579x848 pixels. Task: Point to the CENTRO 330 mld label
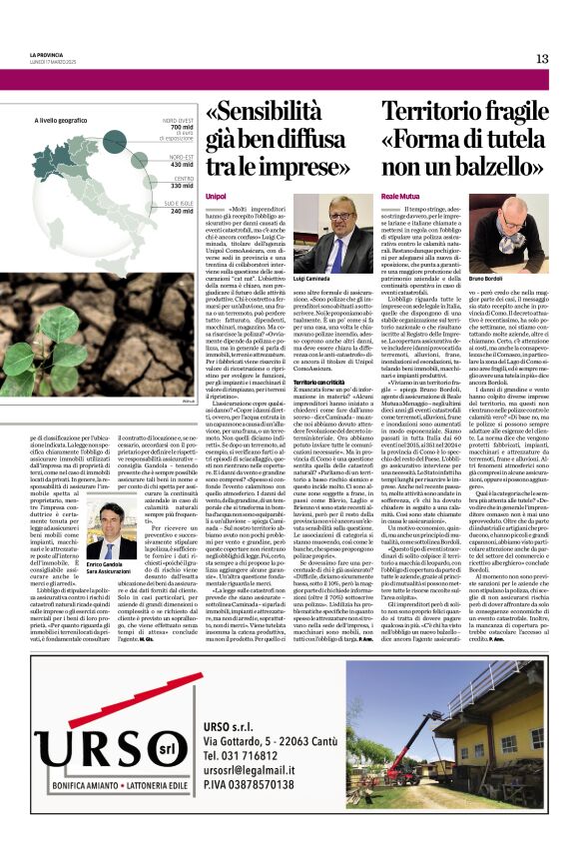click(181, 184)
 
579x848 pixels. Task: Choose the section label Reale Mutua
click(401, 196)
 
